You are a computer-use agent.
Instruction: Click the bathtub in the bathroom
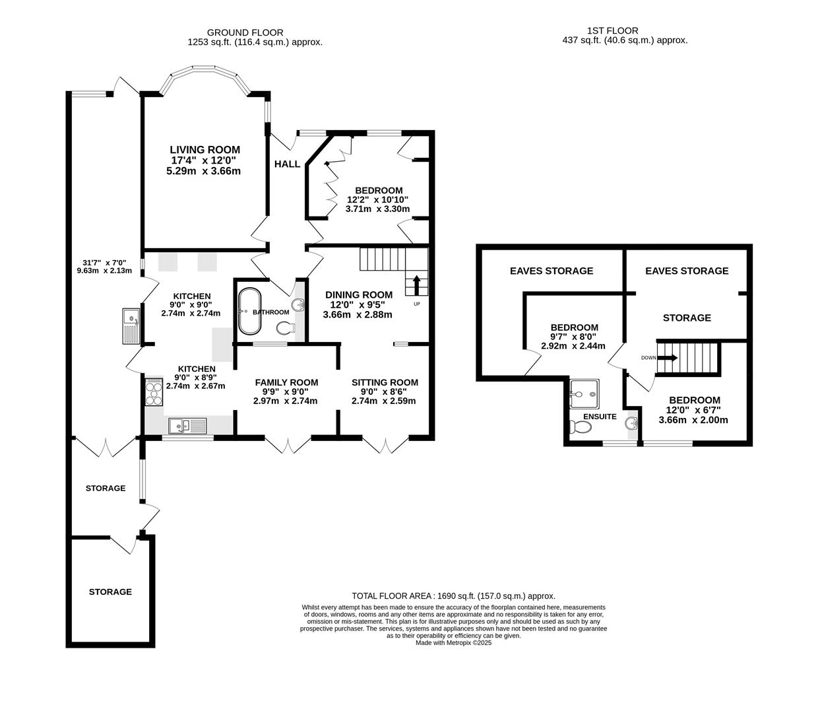pyautogui.click(x=250, y=311)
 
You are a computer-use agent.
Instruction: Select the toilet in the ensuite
pyautogui.click(x=581, y=427)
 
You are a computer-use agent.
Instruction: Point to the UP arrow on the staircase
pyautogui.click(x=416, y=285)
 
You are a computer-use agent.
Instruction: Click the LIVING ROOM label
pyautogui.click(x=204, y=150)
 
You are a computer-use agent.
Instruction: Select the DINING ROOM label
pyautogui.click(x=358, y=294)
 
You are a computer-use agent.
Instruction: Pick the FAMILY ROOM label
pyautogui.click(x=286, y=382)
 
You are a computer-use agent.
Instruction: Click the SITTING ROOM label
pyautogui.click(x=385, y=382)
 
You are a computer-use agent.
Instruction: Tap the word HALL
pyautogui.click(x=287, y=164)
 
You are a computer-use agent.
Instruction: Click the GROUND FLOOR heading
pyautogui.click(x=245, y=32)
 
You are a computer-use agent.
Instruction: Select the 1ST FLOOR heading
pyautogui.click(x=612, y=30)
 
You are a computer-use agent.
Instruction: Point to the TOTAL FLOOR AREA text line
pyautogui.click(x=453, y=595)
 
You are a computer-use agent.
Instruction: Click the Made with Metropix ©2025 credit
pyautogui.click(x=453, y=642)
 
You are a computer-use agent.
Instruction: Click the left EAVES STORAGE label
pyautogui.click(x=551, y=271)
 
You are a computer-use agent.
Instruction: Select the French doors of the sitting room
pyautogui.click(x=385, y=445)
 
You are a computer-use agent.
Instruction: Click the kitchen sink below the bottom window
pyautogui.click(x=188, y=425)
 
